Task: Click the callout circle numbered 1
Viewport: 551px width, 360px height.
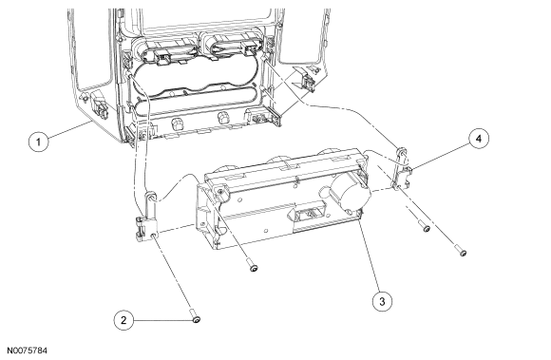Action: click(x=38, y=142)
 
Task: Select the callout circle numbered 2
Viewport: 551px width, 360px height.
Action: click(x=123, y=320)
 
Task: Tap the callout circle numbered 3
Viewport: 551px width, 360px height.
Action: click(x=382, y=301)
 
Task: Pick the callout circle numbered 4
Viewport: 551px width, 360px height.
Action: click(x=478, y=139)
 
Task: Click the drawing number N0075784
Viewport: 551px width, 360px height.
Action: click(x=27, y=351)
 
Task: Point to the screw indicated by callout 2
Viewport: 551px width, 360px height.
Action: click(x=196, y=315)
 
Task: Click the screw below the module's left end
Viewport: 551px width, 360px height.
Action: click(x=252, y=264)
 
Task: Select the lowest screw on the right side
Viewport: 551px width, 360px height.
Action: click(x=461, y=251)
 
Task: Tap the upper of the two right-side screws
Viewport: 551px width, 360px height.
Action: click(x=424, y=225)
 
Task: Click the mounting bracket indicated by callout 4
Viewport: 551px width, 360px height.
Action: click(x=401, y=170)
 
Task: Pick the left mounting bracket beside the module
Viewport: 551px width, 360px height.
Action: click(x=147, y=218)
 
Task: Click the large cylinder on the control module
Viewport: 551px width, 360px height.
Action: click(x=350, y=193)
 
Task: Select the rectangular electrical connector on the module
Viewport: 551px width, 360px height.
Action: click(x=307, y=216)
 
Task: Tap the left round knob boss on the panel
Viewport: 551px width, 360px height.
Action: click(x=177, y=123)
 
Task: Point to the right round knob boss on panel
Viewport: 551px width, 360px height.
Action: click(x=223, y=118)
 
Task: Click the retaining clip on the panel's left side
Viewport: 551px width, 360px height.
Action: click(x=97, y=104)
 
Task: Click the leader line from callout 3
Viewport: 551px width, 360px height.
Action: click(x=369, y=254)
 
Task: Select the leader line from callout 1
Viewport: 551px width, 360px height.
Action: click(x=68, y=129)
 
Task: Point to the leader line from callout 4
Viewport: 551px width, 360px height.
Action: click(x=440, y=156)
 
